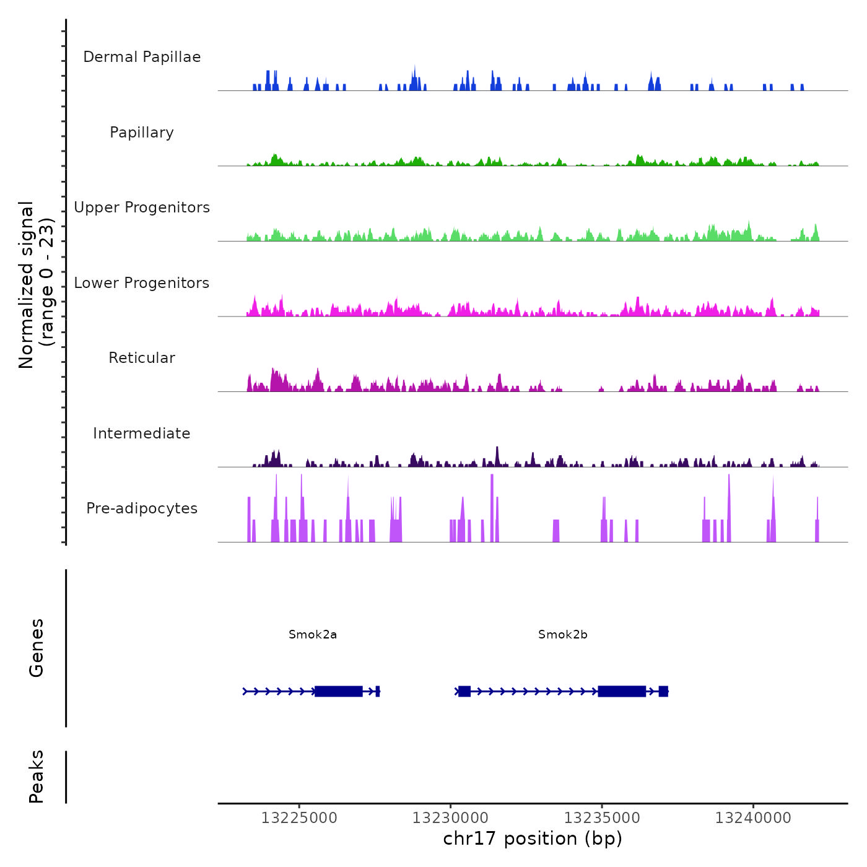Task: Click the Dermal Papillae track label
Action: (142, 57)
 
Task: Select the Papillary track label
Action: (142, 133)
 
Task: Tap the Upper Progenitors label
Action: (142, 207)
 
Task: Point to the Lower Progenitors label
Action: (142, 283)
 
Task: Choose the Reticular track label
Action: (142, 358)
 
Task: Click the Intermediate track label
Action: (142, 434)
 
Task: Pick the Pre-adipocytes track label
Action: (142, 508)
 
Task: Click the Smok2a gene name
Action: (313, 635)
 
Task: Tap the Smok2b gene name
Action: (563, 635)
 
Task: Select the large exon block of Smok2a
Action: (338, 691)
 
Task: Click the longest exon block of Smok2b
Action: (622, 691)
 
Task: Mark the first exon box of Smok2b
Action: (464, 691)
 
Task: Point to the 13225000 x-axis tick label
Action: (299, 818)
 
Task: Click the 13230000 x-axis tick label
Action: (451, 818)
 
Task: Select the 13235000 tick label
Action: (602, 818)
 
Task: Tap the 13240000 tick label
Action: (753, 818)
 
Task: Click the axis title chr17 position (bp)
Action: (533, 839)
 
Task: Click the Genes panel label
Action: (37, 648)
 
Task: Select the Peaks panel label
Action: (37, 777)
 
